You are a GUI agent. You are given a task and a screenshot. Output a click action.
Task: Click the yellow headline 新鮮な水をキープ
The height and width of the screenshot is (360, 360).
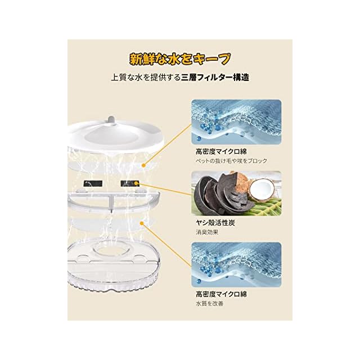(180, 59)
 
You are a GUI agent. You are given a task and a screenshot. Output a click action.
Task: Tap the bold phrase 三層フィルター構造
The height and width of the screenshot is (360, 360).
(215, 78)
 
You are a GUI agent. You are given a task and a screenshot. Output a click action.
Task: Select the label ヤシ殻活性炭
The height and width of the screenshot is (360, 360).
(215, 223)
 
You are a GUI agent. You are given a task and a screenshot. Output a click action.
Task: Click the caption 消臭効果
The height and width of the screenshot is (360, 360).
(207, 232)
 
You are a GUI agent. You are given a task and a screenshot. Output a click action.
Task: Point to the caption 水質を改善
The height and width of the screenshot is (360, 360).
(209, 304)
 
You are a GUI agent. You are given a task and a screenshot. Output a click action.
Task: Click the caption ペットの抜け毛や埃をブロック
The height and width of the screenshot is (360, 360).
(231, 161)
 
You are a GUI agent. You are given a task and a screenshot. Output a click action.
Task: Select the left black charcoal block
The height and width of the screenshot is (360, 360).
(93, 183)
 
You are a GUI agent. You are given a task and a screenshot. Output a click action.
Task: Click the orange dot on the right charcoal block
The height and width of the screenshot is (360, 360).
(136, 183)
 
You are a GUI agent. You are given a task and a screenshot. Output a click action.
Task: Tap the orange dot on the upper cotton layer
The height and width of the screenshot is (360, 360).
(144, 165)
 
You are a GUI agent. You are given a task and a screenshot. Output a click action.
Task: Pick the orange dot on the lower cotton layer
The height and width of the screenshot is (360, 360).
(142, 223)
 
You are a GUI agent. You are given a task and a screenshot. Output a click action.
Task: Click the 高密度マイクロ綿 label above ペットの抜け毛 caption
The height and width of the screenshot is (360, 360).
(221, 151)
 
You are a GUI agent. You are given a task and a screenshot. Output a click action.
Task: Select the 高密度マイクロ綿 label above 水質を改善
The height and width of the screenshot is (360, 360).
(221, 294)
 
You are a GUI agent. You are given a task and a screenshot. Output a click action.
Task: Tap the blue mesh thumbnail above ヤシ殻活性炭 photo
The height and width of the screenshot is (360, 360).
(236, 121)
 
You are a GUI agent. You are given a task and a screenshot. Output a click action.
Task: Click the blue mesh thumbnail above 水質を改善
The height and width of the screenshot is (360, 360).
(236, 264)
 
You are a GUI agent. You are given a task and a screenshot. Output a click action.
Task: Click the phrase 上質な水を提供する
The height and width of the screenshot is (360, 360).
(146, 78)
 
